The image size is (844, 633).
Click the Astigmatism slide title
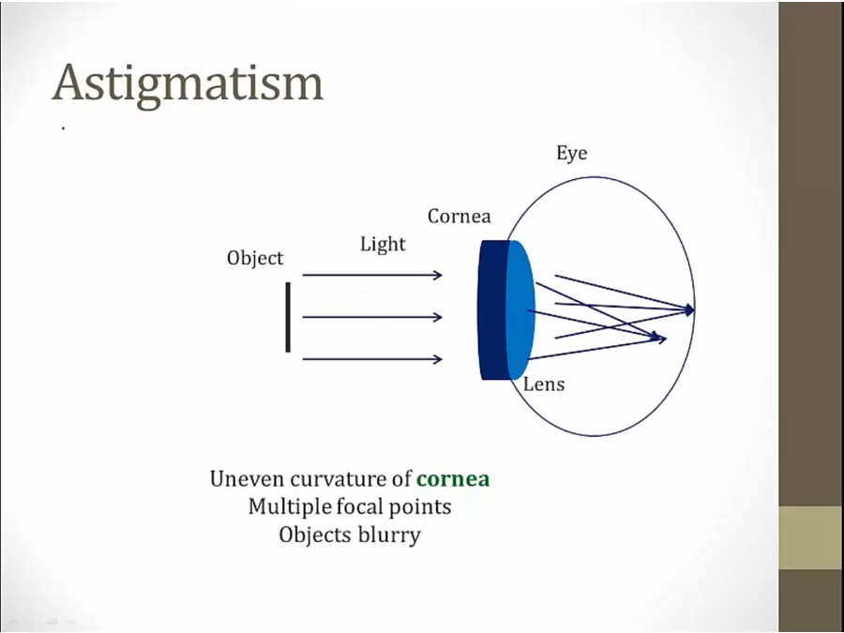(x=188, y=84)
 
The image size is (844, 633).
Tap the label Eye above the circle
(x=571, y=153)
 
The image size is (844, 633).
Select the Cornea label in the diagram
(x=459, y=217)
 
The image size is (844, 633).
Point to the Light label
(x=383, y=245)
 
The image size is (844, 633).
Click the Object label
(x=254, y=258)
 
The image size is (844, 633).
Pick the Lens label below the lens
(x=544, y=384)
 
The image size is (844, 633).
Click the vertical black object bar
(x=288, y=317)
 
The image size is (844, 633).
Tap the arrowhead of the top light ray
(x=437, y=275)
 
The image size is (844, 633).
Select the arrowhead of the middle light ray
(x=437, y=317)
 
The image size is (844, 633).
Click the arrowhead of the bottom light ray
(x=437, y=359)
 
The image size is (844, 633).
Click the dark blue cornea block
(x=492, y=309)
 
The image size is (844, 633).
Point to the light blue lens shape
(x=520, y=309)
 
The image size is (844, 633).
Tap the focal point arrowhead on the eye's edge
(x=690, y=309)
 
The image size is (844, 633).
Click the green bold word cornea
(x=453, y=479)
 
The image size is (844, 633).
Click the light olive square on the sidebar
(x=810, y=537)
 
